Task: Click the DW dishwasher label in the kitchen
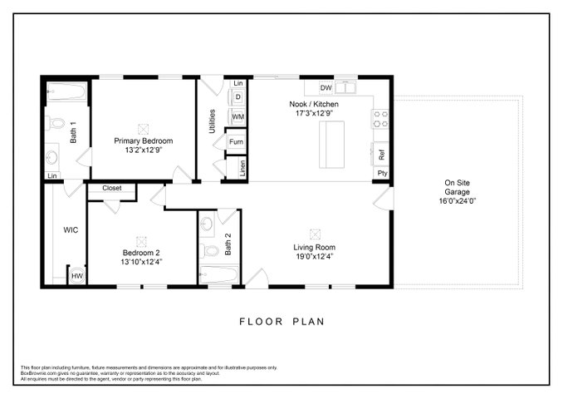tap(326, 88)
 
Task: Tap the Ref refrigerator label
tap(382, 155)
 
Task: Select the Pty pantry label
tap(383, 173)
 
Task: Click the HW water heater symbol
tap(77, 276)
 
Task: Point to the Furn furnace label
tap(236, 142)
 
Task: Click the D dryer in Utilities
tap(238, 97)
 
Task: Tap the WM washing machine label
tap(238, 117)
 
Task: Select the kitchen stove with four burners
tap(381, 119)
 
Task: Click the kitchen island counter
tap(332, 145)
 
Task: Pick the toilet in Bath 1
tap(55, 123)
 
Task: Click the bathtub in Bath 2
tap(218, 275)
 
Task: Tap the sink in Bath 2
tap(207, 224)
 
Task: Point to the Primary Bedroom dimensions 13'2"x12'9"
tap(144, 150)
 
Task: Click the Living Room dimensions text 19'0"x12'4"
tap(315, 257)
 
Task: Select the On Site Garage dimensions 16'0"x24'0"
tap(457, 201)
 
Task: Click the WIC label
tap(71, 230)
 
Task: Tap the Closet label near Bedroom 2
tap(111, 188)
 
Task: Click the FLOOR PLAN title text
tap(281, 322)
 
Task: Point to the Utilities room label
tap(213, 121)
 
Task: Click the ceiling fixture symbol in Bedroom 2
tap(141, 242)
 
